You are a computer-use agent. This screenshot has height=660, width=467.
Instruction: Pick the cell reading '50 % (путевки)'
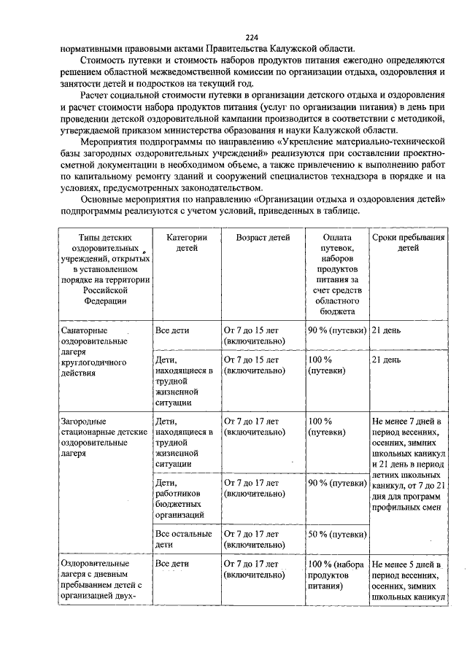(x=336, y=535)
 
